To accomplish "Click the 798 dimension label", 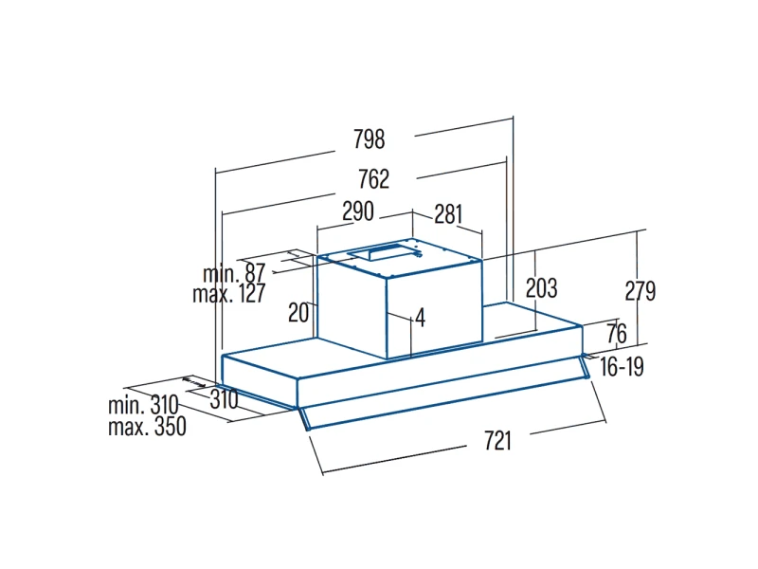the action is coord(370,139).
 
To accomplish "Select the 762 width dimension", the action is coord(373,179).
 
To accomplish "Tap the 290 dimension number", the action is coord(358,211).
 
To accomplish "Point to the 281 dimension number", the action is coord(448,214).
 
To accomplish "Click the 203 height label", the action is coord(541,288).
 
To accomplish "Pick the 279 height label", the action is coord(641,291).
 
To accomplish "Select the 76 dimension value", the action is coord(617,334).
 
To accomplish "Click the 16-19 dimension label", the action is coord(623,367).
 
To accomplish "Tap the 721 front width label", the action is coord(497,441).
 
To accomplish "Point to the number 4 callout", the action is coord(421,318).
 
